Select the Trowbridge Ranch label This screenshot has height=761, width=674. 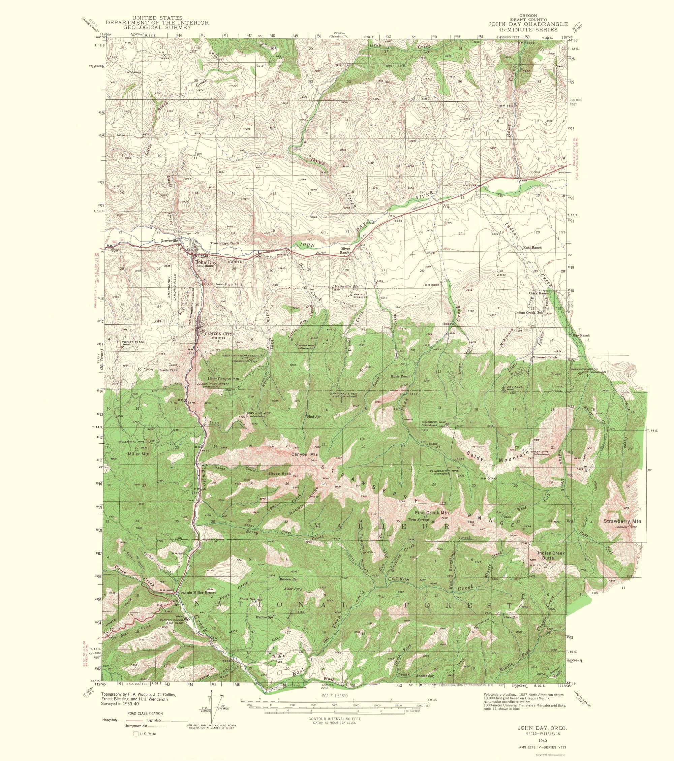pyautogui.click(x=224, y=243)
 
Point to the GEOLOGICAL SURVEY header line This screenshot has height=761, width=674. pyautogui.click(x=157, y=27)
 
